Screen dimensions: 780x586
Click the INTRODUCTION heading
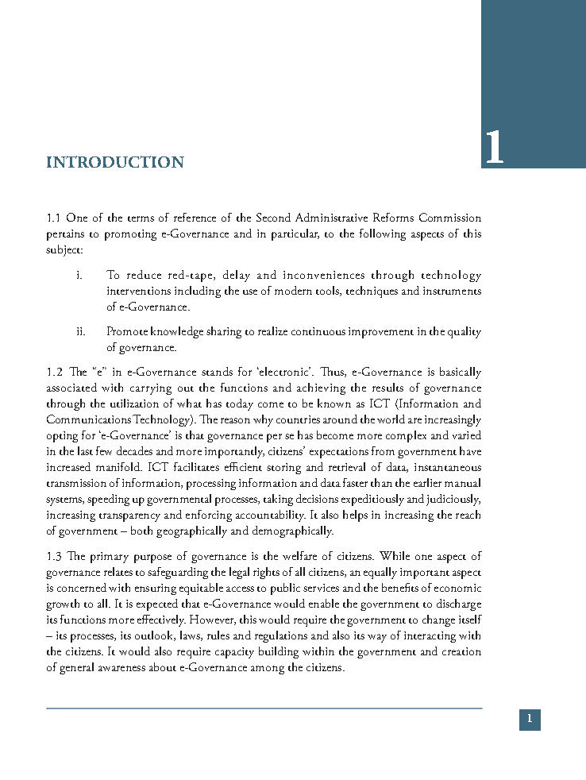pos(115,163)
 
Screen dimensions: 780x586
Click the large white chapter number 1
pos(494,148)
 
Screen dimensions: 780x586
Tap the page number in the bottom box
pos(530,720)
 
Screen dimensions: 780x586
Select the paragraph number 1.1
pos(54,218)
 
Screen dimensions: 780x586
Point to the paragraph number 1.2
pos(54,372)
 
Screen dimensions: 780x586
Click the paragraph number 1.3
pos(54,556)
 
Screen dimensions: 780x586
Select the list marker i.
pos(79,276)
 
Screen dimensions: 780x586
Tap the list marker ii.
pos(80,331)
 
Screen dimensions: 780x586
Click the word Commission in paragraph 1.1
pos(450,218)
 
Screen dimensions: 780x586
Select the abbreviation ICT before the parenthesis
pos(379,404)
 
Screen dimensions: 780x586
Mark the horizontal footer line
pos(264,708)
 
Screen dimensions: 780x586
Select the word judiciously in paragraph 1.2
pos(452,499)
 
